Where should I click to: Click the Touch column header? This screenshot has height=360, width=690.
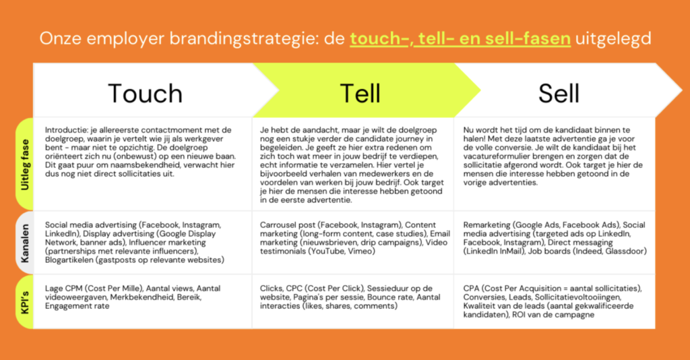[x=146, y=93]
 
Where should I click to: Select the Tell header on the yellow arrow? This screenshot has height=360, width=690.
[x=360, y=93]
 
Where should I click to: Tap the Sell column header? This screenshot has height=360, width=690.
[x=559, y=93]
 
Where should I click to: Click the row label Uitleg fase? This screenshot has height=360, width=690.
[x=25, y=164]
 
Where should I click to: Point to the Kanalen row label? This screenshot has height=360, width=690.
[x=25, y=243]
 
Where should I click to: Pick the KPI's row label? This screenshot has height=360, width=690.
[x=25, y=302]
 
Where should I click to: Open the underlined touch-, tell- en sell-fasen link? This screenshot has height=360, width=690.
[x=460, y=38]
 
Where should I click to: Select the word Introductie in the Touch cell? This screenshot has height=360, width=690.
[x=65, y=130]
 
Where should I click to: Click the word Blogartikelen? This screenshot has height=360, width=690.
[x=68, y=260]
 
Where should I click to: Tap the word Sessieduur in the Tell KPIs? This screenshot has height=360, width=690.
[x=387, y=289]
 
